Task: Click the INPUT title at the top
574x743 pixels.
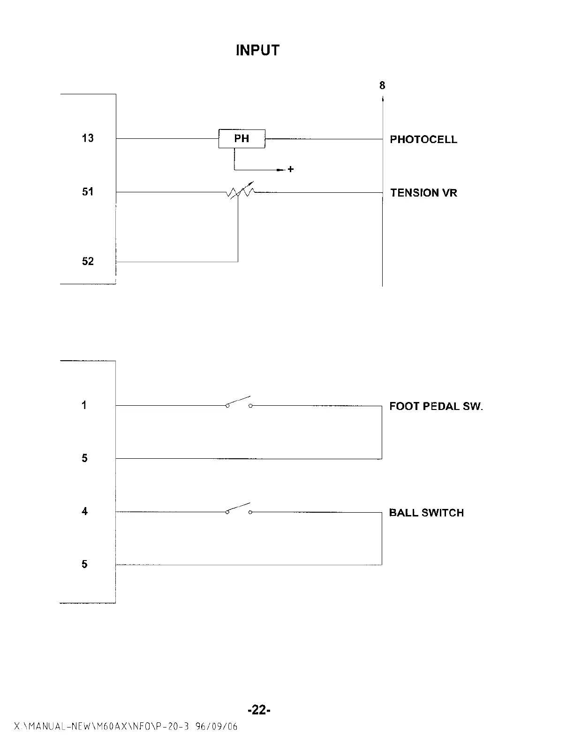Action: coord(257,50)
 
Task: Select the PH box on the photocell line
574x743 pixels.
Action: coord(242,139)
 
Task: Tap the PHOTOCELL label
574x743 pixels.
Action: coord(423,139)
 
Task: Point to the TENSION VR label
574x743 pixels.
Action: coord(423,193)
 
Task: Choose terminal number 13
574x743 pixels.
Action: coord(88,138)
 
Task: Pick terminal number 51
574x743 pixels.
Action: coord(88,191)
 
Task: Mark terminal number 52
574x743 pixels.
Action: coord(88,261)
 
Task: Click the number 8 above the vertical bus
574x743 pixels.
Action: coord(382,85)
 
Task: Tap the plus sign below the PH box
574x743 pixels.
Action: coord(291,169)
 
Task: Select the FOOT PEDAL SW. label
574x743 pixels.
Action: coord(436,406)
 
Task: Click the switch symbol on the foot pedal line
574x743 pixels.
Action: coord(239,403)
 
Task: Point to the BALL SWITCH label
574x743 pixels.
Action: coord(426,513)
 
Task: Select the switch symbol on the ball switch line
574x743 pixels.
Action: coord(239,509)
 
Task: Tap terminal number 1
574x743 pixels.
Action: coord(84,405)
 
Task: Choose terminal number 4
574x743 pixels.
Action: coord(84,511)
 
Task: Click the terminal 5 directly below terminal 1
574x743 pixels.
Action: coord(84,458)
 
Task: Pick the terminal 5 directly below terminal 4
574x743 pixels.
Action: coord(84,564)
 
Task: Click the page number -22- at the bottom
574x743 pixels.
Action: coord(259,710)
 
